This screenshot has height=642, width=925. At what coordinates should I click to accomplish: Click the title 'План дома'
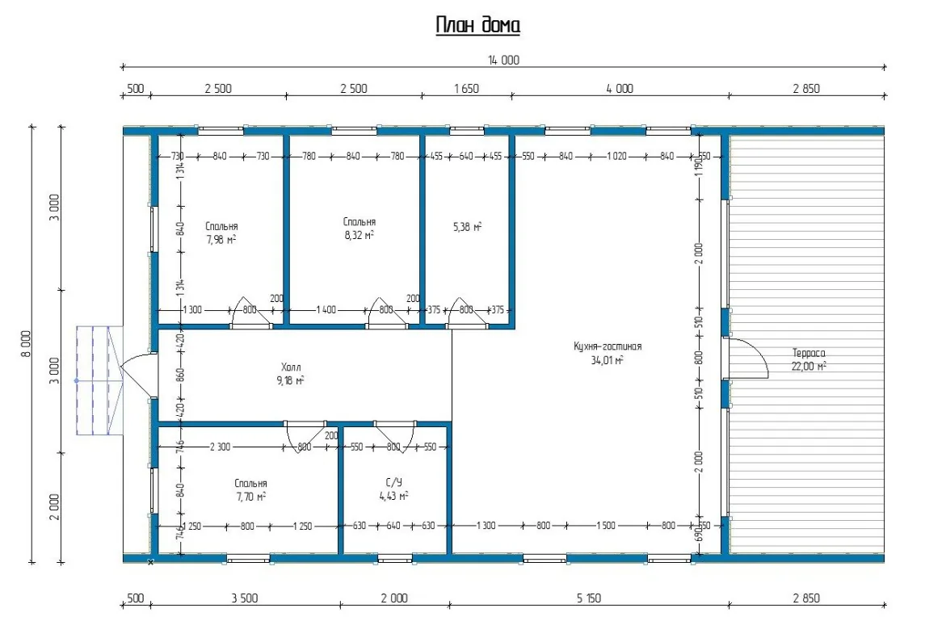(x=477, y=25)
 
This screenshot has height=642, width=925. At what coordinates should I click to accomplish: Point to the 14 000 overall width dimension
(x=503, y=60)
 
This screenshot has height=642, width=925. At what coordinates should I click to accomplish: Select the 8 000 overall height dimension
(x=25, y=344)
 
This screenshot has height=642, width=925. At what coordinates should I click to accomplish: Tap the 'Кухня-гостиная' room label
(x=607, y=346)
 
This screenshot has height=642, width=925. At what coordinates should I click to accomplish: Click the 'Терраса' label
(x=808, y=353)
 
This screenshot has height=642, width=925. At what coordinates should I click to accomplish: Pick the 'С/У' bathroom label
(x=393, y=482)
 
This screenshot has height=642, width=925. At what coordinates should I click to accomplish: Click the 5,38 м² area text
(x=467, y=226)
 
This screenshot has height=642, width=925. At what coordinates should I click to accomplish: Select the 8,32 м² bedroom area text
(x=359, y=235)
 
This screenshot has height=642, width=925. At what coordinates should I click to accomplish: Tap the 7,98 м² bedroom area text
(x=221, y=239)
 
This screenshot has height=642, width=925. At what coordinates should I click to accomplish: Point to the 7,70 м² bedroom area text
(x=251, y=497)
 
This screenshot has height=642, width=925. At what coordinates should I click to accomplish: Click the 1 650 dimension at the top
(x=466, y=89)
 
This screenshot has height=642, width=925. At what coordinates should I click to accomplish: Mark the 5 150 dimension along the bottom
(x=589, y=598)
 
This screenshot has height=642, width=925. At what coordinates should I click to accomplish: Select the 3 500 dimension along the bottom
(x=244, y=598)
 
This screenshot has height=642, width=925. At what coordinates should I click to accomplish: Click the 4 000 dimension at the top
(x=620, y=89)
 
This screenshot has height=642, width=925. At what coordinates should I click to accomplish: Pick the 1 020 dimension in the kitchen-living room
(x=616, y=156)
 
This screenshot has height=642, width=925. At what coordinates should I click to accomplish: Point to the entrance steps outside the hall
(x=99, y=380)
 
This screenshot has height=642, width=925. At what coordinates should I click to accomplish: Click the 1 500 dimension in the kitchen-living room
(x=606, y=525)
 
